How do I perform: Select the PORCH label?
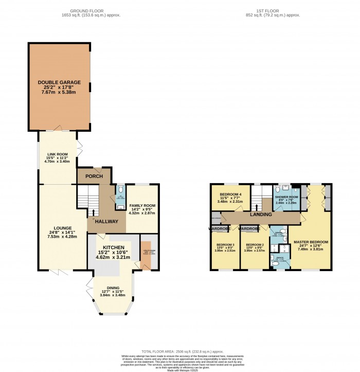[x=94, y=176]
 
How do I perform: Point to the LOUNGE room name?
[x=61, y=228]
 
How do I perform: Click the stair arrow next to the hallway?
[x=93, y=211]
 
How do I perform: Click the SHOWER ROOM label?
[x=286, y=197]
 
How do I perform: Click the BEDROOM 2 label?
[x=255, y=245]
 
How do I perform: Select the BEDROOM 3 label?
[x=225, y=245]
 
